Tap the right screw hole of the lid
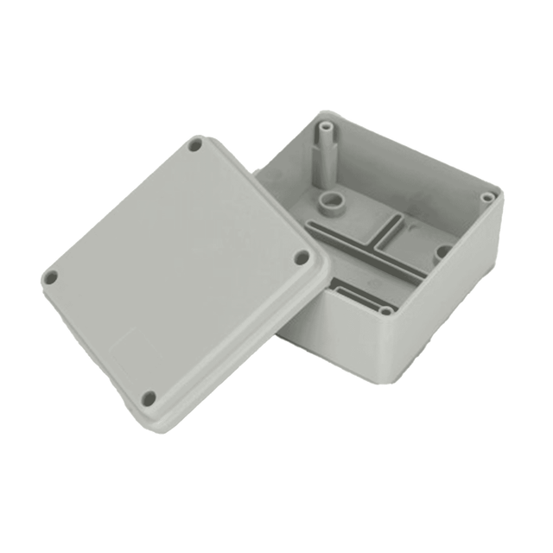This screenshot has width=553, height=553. coord(302,257)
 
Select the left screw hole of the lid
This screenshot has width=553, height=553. coord(50,277)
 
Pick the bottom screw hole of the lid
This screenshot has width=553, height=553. coord(149,398)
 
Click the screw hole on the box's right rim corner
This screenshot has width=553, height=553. coord(488,197)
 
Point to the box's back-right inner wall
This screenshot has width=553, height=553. coord(415,173)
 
